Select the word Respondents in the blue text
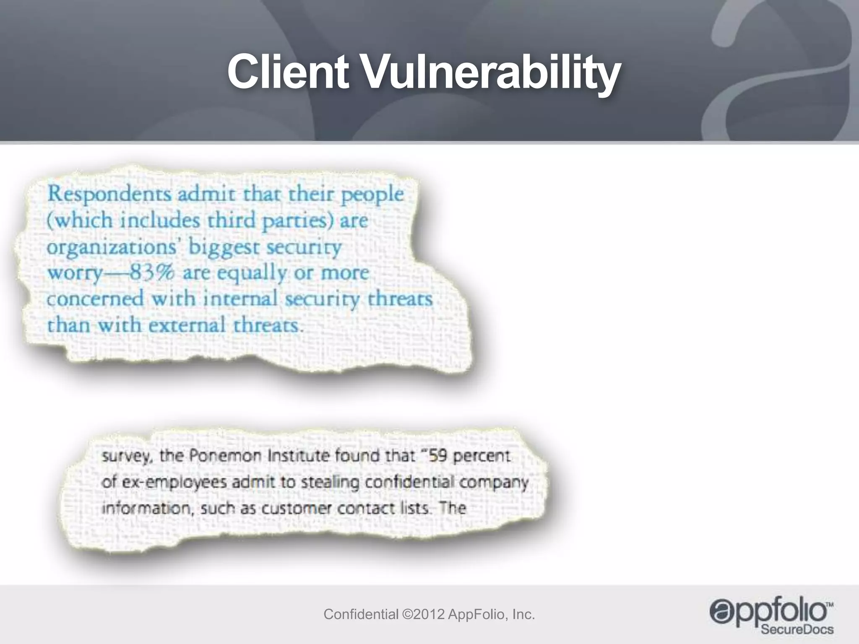pyautogui.click(x=109, y=195)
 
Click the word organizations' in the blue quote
pyautogui.click(x=112, y=247)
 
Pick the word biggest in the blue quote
pyautogui.click(x=223, y=247)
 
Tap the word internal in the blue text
pyautogui.click(x=240, y=299)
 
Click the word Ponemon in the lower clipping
pyautogui.click(x=225, y=456)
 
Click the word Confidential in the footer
pyautogui.click(x=361, y=615)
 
